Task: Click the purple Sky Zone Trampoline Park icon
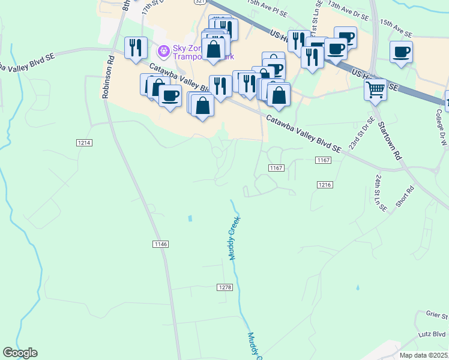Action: pyautogui.click(x=162, y=49)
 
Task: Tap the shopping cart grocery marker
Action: pyautogui.click(x=375, y=90)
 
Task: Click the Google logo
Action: pyautogui.click(x=20, y=353)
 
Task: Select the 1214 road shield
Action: pyautogui.click(x=84, y=142)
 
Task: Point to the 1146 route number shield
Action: pyautogui.click(x=160, y=244)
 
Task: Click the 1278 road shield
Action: pyautogui.click(x=224, y=287)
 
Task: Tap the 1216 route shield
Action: pyautogui.click(x=325, y=185)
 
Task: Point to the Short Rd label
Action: pyautogui.click(x=405, y=197)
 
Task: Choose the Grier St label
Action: pyautogui.click(x=437, y=315)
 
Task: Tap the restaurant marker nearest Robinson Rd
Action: pyautogui.click(x=136, y=47)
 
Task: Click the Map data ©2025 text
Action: pyautogui.click(x=423, y=355)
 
